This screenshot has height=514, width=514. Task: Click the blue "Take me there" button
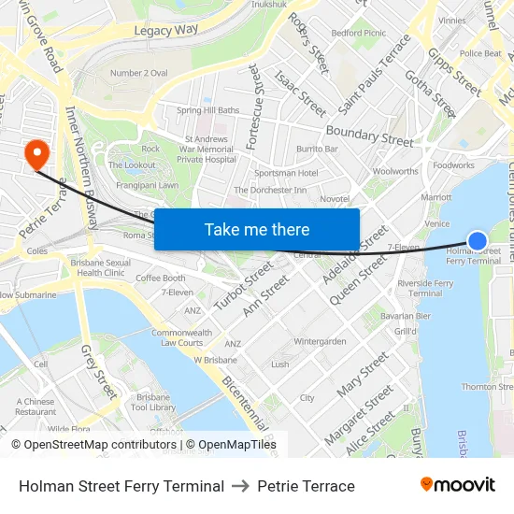coord(257,229)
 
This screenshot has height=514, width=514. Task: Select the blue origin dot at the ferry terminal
coord(477,241)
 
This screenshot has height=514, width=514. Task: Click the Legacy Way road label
coord(166,30)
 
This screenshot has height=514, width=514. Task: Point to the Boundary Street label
coord(369,136)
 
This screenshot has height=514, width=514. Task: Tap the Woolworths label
coord(395,171)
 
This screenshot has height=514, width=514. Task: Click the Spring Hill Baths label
coord(207,110)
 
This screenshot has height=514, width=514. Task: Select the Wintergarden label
coord(320,341)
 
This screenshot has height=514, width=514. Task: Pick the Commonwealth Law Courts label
coord(181,337)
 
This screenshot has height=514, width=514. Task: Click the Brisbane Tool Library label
coord(155,402)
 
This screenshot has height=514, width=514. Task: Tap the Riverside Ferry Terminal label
coord(425,288)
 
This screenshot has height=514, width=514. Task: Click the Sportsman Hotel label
coord(286,173)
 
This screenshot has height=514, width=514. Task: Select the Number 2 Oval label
coord(138,73)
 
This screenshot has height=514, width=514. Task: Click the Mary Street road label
coord(363,374)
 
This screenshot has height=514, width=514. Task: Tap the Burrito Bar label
coord(317,149)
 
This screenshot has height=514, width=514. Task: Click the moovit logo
coord(457,485)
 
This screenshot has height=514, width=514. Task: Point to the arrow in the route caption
coord(241,486)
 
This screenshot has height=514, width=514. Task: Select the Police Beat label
coord(480,53)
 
